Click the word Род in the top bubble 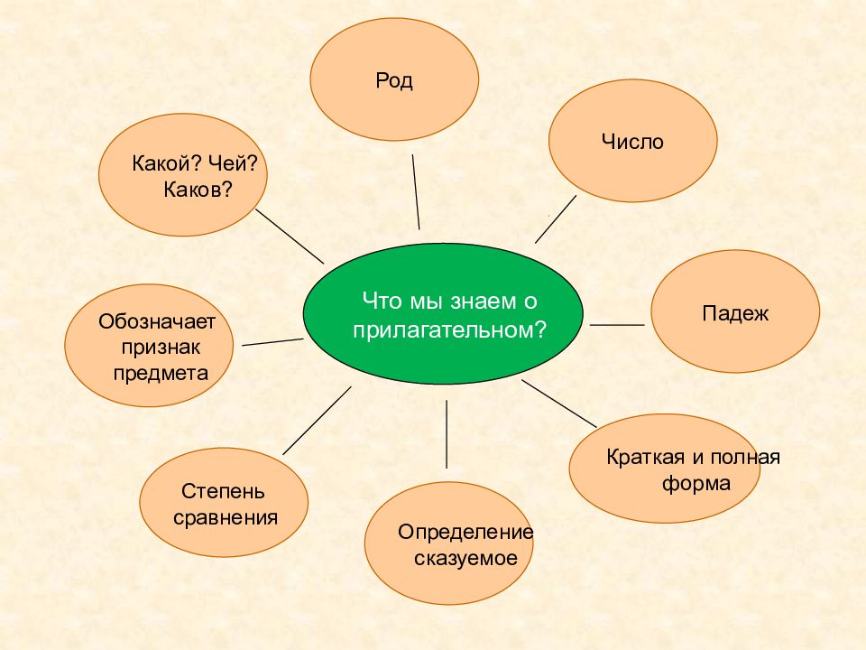394,80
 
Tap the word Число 632,142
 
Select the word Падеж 735,314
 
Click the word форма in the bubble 696,484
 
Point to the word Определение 465,533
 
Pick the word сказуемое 465,559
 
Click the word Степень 223,491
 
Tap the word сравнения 226,518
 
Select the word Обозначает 157,321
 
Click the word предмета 161,374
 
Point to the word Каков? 198,190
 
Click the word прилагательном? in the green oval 449,330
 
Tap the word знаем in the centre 479,302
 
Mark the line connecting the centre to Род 416,191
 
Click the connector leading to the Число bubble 556,218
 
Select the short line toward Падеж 617,325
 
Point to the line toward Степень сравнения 317,421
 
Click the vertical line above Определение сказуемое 447,434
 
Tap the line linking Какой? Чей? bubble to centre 290,237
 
